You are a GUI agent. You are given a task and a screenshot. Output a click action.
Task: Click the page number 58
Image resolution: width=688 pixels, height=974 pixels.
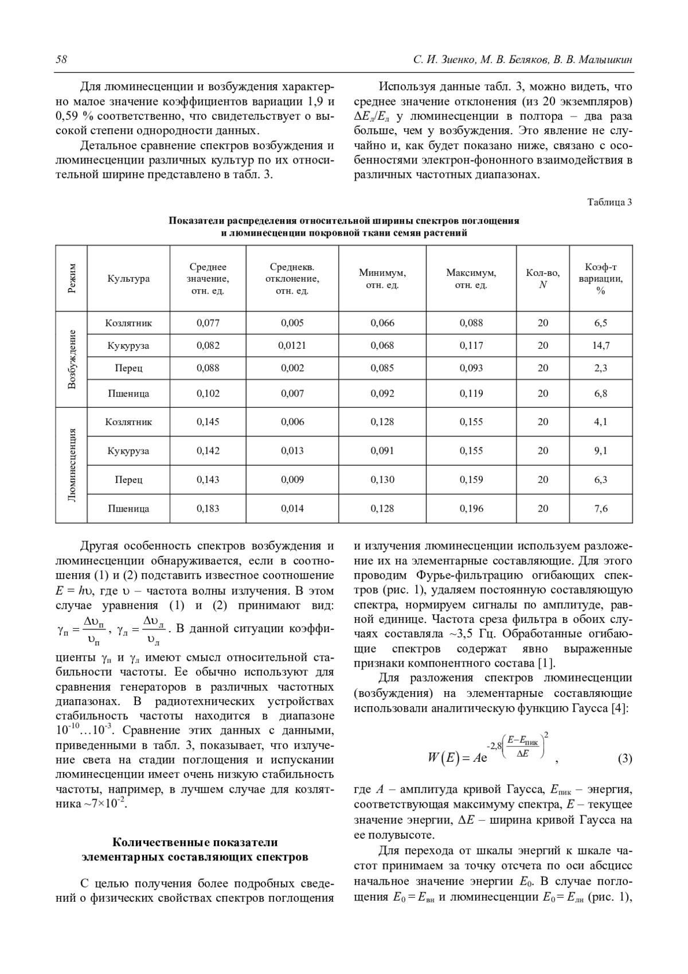coord(61,60)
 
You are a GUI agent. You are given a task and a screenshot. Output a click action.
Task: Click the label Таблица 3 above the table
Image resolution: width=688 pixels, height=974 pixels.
coord(610,202)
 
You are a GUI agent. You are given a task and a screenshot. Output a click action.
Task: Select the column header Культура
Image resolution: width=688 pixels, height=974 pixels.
coord(128,279)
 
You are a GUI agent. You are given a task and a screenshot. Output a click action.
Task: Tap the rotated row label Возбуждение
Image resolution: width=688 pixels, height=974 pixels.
coord(72,360)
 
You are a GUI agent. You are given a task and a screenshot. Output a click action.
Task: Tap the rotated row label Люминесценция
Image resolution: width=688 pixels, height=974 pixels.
coord(72,465)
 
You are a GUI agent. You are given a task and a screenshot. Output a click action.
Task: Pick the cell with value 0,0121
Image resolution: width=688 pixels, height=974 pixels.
coord(292,346)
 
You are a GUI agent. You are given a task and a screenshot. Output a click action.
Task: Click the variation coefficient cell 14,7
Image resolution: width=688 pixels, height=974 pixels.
coord(600,346)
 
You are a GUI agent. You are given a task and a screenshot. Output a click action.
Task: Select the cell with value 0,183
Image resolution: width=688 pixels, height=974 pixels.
coord(208,509)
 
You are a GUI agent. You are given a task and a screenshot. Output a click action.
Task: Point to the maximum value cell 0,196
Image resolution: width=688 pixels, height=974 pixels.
coord(471,509)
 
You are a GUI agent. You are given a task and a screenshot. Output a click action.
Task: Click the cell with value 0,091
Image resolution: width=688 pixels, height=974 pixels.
coord(382,451)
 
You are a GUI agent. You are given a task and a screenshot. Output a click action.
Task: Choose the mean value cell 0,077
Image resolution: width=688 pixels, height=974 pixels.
coord(208,323)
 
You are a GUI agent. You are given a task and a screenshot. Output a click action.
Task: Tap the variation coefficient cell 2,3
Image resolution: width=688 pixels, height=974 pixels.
coord(600,368)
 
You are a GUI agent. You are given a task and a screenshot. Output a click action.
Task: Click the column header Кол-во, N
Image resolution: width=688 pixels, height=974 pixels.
coord(542,279)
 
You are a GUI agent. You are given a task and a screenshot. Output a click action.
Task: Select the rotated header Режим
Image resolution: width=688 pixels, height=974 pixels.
coord(72,279)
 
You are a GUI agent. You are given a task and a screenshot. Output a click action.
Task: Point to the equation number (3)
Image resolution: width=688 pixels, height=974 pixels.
coord(624,759)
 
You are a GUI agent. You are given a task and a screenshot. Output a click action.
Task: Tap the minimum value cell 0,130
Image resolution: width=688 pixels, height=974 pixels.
coord(382,480)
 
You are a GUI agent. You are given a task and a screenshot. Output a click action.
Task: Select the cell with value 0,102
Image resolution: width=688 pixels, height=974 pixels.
coord(208,394)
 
